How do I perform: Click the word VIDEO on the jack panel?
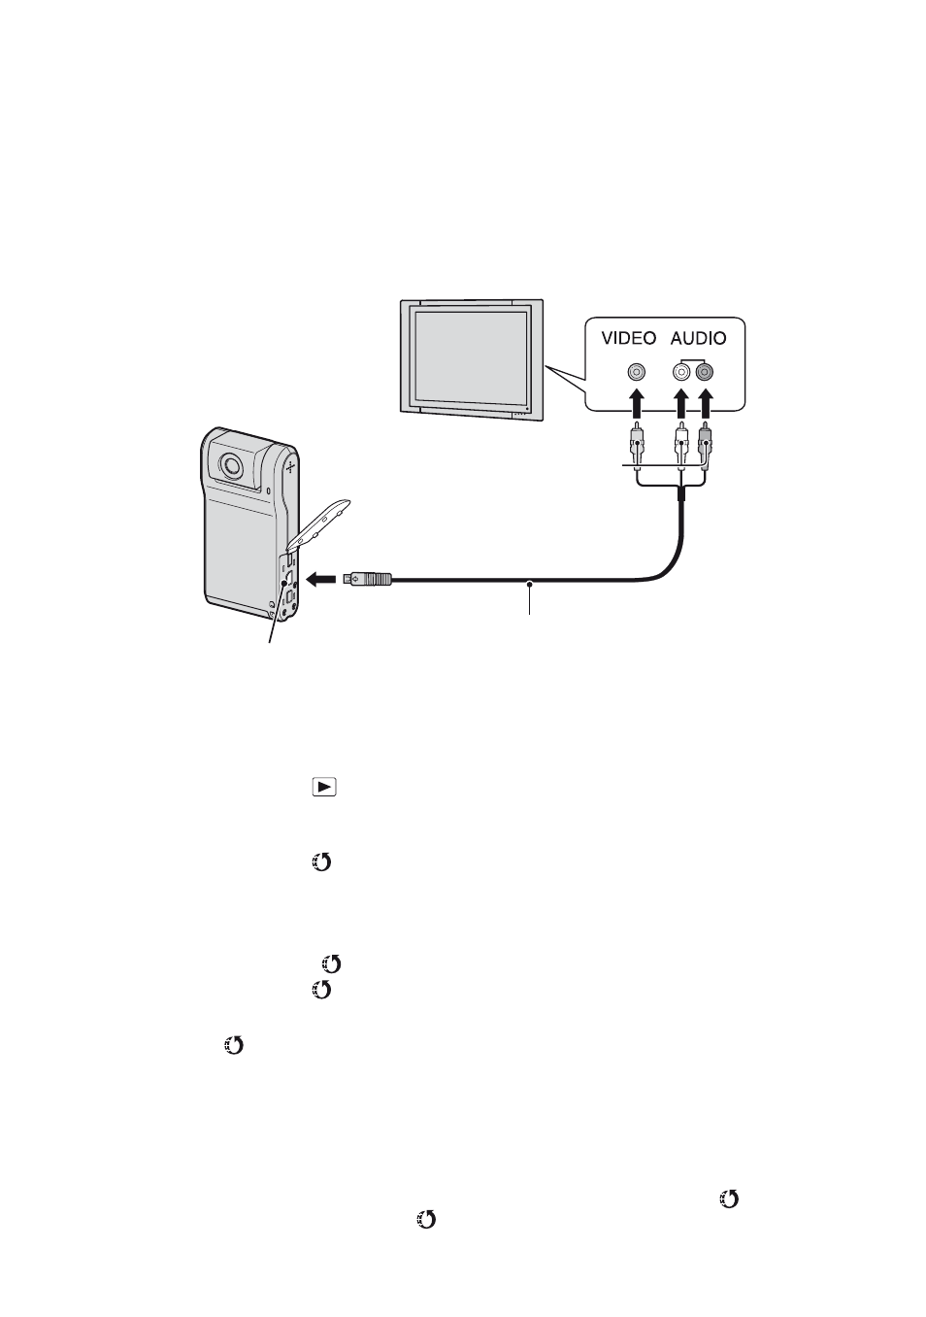628,338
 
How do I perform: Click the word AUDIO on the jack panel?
698,338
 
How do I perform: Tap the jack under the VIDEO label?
637,372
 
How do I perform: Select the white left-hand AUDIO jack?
680,372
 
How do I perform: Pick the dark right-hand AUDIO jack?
704,372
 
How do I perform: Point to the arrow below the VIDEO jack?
637,403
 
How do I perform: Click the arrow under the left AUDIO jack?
680,403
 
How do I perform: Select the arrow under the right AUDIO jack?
704,403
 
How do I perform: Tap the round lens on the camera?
231,465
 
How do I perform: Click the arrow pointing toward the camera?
322,580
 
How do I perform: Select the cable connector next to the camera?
367,580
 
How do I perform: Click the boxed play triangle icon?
324,788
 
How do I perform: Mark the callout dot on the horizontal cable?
530,584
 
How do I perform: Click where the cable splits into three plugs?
680,486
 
